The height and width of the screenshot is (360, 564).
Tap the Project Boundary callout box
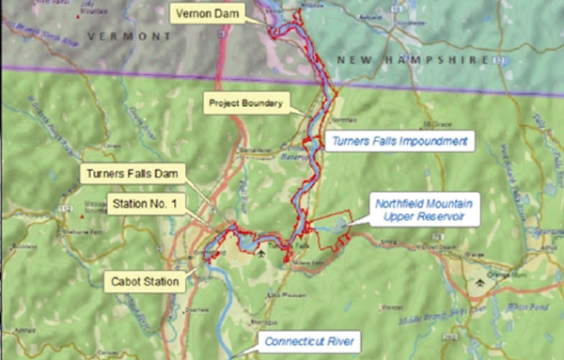tap(244, 102)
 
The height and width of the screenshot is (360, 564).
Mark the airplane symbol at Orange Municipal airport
tap(481, 279)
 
